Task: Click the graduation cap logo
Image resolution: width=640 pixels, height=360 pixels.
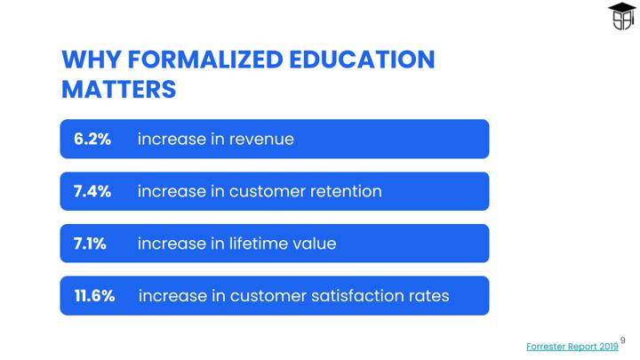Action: pos(621,16)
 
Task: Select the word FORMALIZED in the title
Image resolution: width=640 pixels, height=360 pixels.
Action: pos(205,60)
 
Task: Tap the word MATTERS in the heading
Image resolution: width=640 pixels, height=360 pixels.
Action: pos(119,90)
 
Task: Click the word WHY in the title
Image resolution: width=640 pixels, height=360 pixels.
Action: pos(92,60)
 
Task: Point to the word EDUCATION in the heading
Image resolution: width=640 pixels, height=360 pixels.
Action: pos(362,60)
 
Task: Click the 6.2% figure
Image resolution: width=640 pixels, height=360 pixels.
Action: pos(92,140)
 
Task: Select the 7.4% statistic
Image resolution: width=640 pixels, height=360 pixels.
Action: pos(92,191)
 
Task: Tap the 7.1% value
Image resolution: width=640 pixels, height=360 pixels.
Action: pos(90,244)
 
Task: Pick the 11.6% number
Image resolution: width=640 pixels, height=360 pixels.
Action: pos(94,296)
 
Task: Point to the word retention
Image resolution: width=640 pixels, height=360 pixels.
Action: pos(346,191)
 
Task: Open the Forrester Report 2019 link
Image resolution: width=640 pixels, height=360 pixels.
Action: pos(572,347)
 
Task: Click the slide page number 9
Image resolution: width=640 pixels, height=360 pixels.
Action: pos(623,340)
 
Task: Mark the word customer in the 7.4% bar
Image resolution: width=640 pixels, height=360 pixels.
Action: pos(267,192)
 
